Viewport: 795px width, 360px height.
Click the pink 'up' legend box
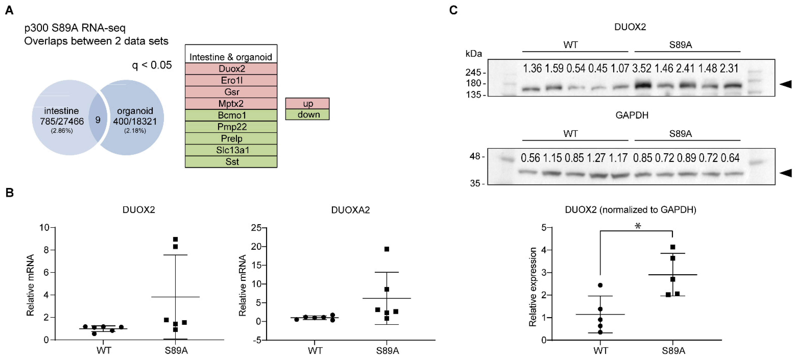point(307,103)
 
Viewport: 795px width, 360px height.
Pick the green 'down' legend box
point(307,115)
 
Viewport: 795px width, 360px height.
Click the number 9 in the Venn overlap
point(98,120)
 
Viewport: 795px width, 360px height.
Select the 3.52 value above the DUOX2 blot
point(642,68)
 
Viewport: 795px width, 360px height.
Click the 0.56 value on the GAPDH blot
point(530,158)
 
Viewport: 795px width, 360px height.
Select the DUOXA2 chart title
point(350,210)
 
